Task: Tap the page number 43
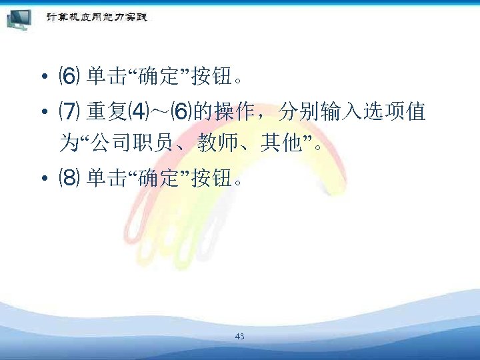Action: pos(240,337)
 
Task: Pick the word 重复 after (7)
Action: pos(101,112)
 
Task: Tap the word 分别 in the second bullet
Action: pos(296,112)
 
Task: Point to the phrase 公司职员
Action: pos(122,143)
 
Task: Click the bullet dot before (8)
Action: pos(42,179)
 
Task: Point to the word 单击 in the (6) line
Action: pos(101,78)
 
